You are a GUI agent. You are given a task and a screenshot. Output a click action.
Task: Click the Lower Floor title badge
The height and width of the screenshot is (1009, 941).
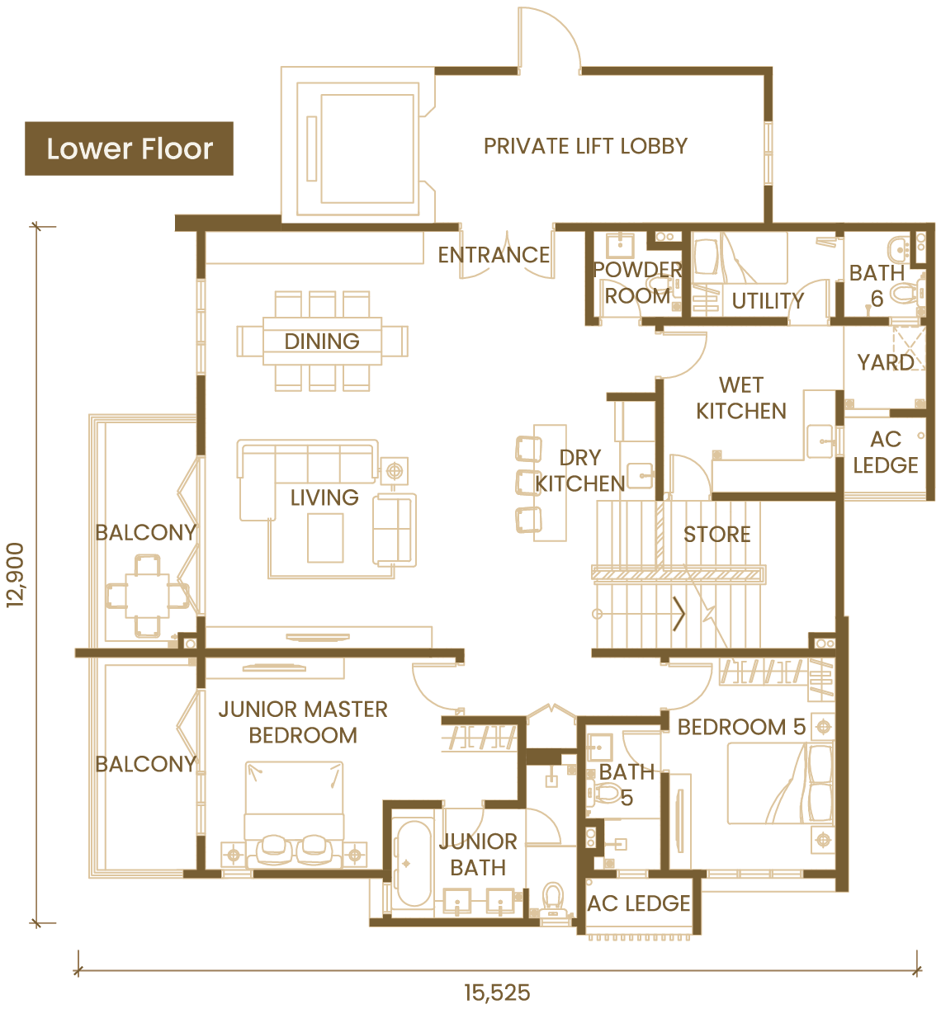129,149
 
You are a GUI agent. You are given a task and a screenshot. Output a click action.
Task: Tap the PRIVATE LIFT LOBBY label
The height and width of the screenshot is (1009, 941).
585,146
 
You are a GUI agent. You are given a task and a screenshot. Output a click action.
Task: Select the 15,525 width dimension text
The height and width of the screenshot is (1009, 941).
497,992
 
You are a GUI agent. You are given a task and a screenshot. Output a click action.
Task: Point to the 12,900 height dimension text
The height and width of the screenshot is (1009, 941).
15,575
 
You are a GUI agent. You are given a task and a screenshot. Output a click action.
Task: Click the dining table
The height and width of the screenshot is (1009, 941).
322,341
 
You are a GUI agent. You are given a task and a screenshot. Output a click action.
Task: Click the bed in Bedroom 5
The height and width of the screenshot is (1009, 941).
780,784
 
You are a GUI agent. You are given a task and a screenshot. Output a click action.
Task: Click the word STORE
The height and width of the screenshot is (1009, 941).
716,534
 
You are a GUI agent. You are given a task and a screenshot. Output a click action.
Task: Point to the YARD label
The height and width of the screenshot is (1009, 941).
885,363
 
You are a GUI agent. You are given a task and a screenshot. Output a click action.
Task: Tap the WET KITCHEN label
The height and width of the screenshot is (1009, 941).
740,398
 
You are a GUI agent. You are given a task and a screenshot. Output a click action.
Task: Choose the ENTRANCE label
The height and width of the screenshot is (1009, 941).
494,255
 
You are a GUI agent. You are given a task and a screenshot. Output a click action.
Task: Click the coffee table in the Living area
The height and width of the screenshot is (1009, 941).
325,538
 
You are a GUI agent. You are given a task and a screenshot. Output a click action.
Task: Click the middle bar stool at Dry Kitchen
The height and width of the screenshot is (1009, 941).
528,482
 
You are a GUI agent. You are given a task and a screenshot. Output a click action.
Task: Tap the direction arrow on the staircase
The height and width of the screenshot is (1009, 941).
679,614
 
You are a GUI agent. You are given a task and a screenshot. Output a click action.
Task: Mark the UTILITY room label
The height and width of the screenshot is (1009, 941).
768,301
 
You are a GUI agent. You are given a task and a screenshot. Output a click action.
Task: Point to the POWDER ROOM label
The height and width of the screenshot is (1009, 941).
637,282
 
